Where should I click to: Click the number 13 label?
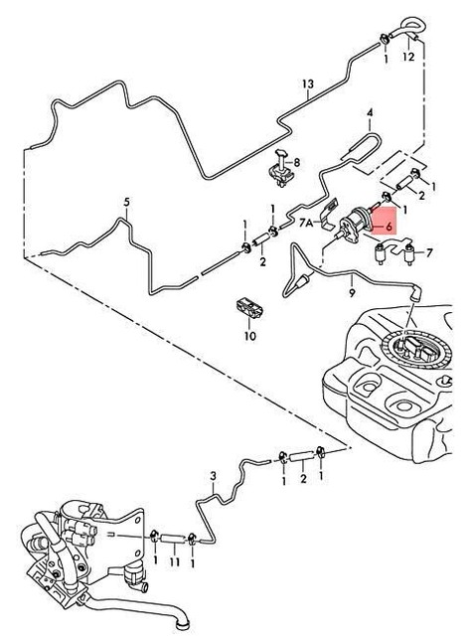point(308,83)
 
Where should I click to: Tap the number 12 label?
point(408,58)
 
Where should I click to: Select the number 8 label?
point(295,161)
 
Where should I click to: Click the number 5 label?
point(126,203)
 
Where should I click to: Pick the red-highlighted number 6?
point(388,228)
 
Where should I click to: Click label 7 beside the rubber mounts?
point(429,254)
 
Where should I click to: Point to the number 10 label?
point(250,336)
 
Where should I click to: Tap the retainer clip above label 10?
point(249,307)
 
